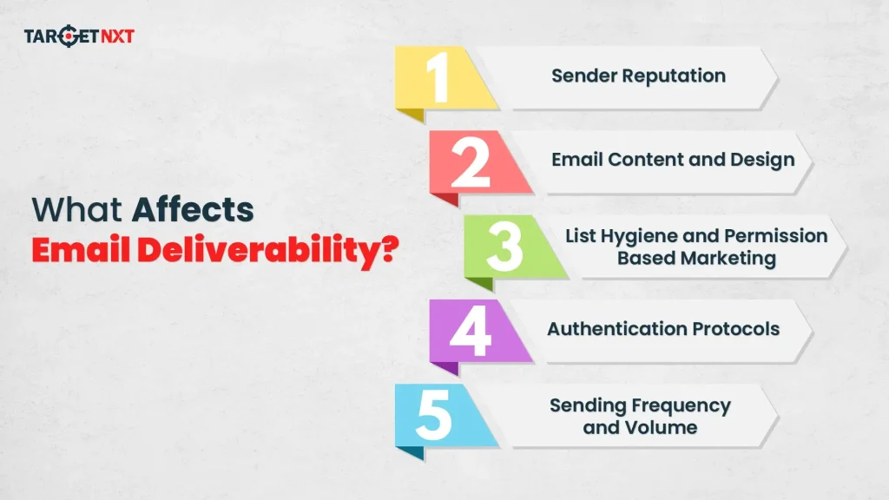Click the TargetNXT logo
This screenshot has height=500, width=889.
tap(79, 37)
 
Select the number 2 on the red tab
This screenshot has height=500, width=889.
tap(471, 161)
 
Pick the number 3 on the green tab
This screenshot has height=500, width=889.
tap(504, 247)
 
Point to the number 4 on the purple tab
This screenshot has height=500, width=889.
tap(470, 331)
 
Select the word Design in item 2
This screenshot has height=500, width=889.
tap(762, 160)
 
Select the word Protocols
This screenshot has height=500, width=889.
tap(736, 329)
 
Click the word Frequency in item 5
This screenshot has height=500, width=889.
tap(680, 405)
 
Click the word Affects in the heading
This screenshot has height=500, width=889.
tap(193, 210)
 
